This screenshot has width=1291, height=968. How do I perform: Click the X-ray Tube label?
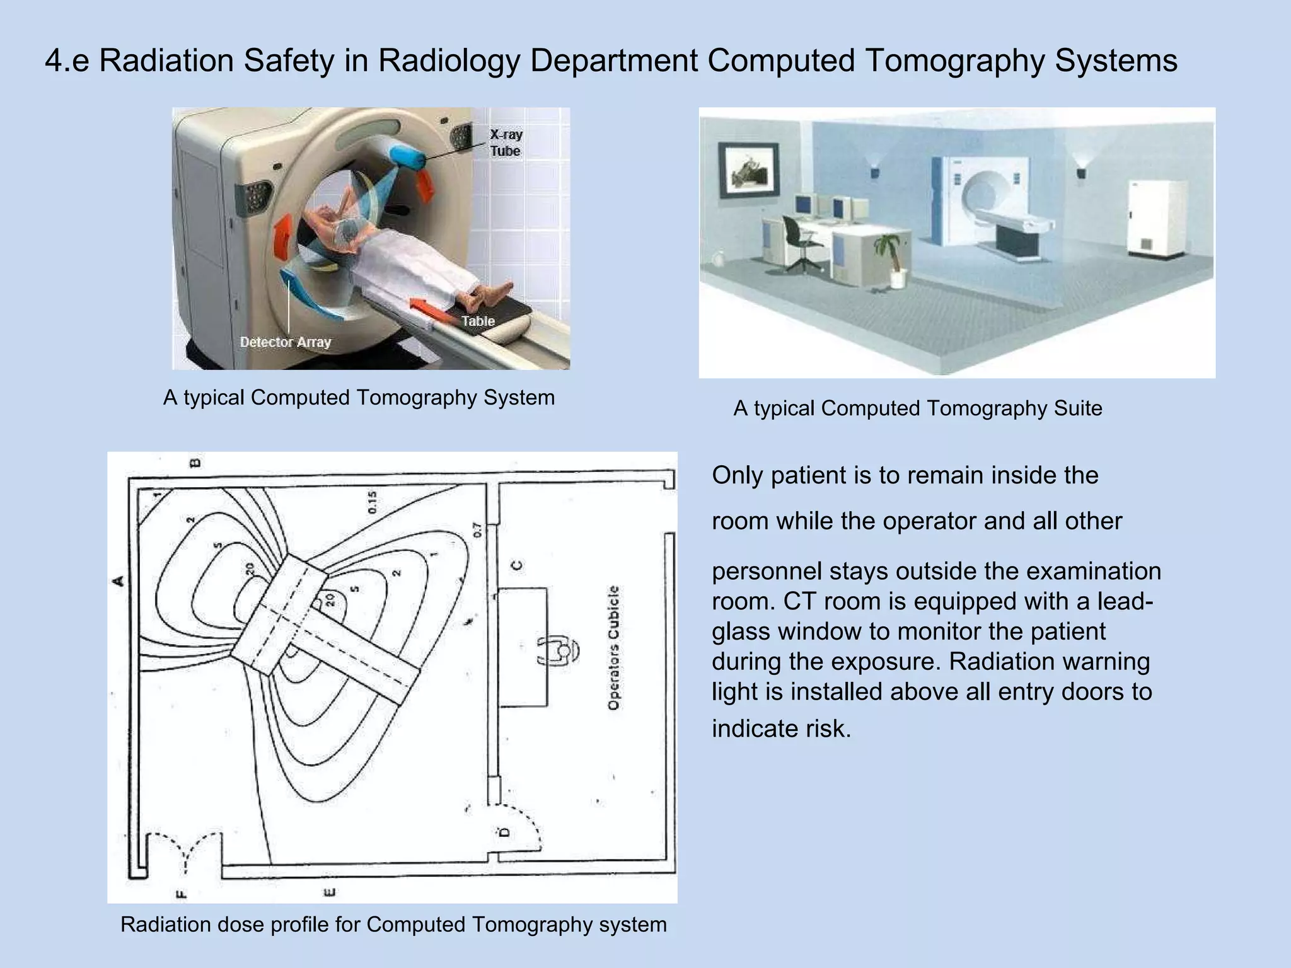pyautogui.click(x=506, y=142)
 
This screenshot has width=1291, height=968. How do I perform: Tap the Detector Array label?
pyautogui.click(x=285, y=342)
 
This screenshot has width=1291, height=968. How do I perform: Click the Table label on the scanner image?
pyautogui.click(x=478, y=321)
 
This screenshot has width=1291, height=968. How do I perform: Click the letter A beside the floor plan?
pyautogui.click(x=118, y=580)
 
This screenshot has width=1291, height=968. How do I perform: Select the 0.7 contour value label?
pyautogui.click(x=477, y=529)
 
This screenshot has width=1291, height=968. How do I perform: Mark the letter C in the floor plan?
pyautogui.click(x=517, y=565)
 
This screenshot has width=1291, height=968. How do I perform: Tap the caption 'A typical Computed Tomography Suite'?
pyautogui.click(x=917, y=408)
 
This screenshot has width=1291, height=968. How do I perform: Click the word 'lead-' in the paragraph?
pyautogui.click(x=1125, y=601)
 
